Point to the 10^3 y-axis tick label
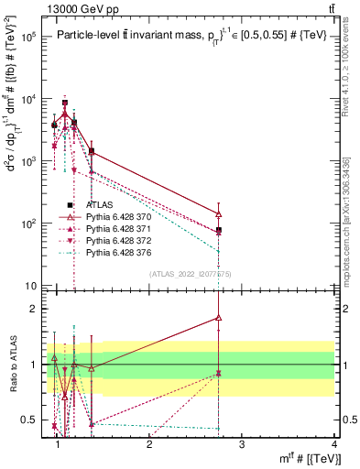28,161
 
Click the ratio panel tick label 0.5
27,420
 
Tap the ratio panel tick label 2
32,309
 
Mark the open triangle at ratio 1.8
219,318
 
